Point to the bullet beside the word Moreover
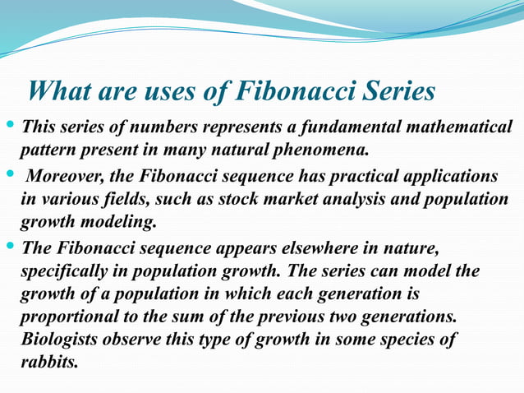[x=10, y=176]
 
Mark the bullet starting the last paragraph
[x=10, y=246]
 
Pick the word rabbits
[x=49, y=362]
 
